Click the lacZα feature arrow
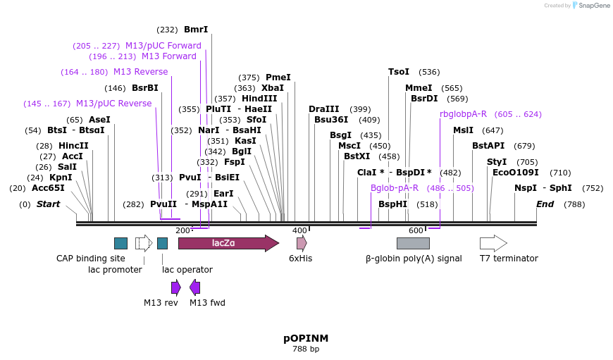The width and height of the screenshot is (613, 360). tap(228, 243)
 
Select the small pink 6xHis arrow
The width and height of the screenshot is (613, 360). tap(302, 243)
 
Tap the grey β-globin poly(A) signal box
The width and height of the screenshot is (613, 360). tap(413, 243)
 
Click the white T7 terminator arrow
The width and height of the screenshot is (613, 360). tap(493, 243)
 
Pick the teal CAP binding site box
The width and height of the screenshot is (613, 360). tap(120, 243)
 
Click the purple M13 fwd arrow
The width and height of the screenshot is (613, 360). tap(194, 287)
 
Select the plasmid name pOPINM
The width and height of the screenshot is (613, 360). tap(306, 338)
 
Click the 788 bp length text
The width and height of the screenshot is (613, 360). tap(306, 349)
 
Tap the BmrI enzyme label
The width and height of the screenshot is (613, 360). tap(196, 30)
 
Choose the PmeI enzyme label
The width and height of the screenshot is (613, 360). tap(278, 77)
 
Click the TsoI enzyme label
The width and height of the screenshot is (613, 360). tap(399, 72)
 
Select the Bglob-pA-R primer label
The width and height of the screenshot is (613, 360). tap(395, 188)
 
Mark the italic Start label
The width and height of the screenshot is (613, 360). tap(49, 204)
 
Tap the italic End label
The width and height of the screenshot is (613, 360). tap(545, 204)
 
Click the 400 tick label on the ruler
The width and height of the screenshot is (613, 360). tap(299, 230)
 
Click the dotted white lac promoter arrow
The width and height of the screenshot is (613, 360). tap(144, 243)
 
